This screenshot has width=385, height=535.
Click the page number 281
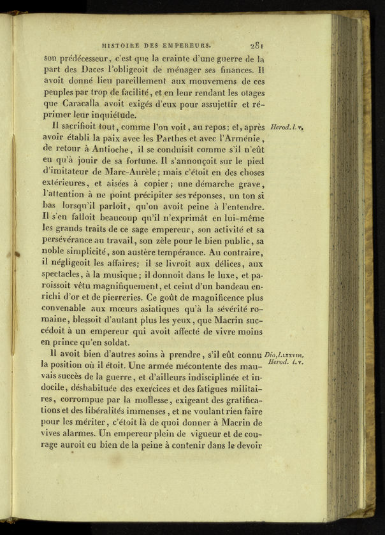point(258,45)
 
